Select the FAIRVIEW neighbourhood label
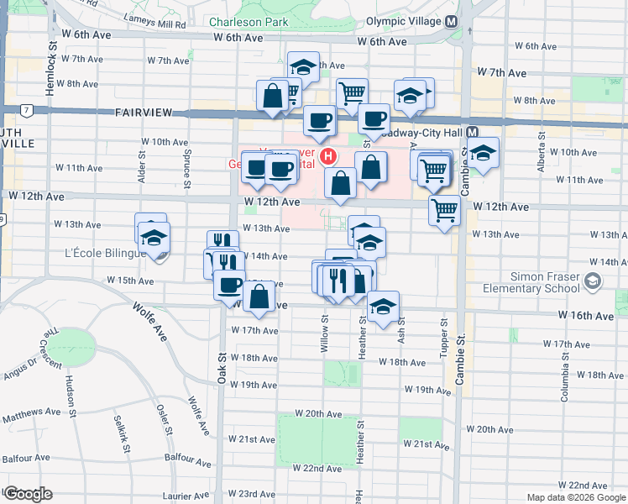[144, 112]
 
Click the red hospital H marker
[329, 156]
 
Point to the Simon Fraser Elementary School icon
[594, 282]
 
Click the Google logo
[28, 494]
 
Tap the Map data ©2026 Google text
[576, 497]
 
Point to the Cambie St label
[460, 360]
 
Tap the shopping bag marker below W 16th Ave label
[259, 297]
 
